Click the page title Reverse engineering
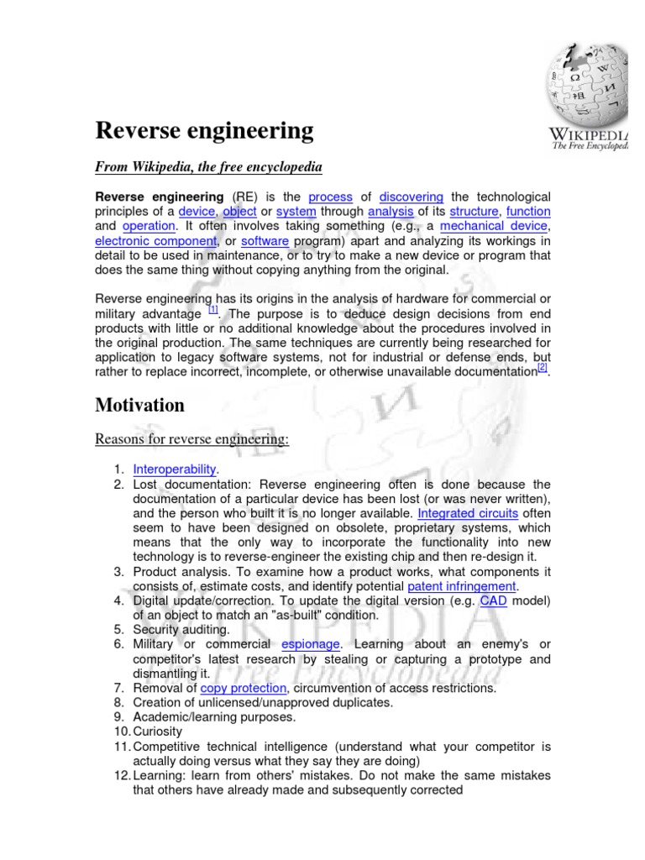204,131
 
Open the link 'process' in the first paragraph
330,196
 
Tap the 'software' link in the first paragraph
265,241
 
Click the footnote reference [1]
212,309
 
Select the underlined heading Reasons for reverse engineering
191,439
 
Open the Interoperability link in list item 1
175,469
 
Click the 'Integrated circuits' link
468,513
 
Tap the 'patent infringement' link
462,585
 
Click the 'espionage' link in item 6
311,644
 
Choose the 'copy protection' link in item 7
244,688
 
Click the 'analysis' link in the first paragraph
391,211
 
